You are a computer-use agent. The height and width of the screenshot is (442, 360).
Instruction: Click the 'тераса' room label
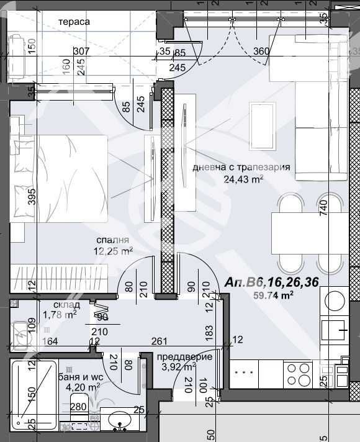pyautogui.click(x=74, y=22)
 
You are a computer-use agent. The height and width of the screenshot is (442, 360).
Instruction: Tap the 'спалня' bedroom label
pyautogui.click(x=112, y=240)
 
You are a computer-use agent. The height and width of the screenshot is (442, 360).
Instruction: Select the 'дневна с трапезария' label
pyautogui.click(x=241, y=168)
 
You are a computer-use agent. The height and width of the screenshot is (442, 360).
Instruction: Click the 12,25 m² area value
pyautogui.click(x=112, y=251)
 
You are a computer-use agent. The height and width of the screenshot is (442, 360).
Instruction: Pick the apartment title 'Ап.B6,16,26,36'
pyautogui.click(x=272, y=282)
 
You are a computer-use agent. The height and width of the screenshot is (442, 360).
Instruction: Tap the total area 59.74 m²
pyautogui.click(x=274, y=295)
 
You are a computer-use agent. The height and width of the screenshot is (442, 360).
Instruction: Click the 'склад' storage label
pyautogui.click(x=66, y=305)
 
